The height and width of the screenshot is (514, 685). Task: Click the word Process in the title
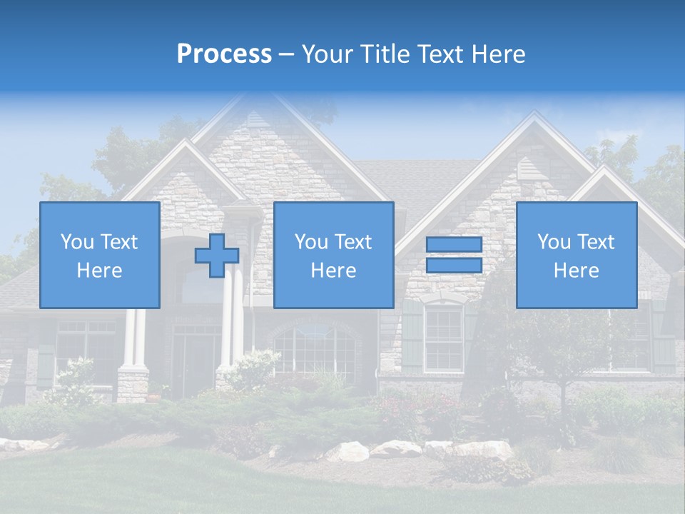pyautogui.click(x=224, y=54)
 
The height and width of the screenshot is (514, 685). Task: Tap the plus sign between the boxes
pyautogui.click(x=217, y=256)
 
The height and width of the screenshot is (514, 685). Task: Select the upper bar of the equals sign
pyautogui.click(x=454, y=245)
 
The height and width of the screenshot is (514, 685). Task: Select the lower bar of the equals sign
pyautogui.click(x=454, y=266)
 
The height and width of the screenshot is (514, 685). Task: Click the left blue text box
pyautogui.click(x=100, y=255)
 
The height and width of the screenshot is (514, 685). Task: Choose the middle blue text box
pyautogui.click(x=333, y=255)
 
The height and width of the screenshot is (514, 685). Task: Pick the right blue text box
pyautogui.click(x=576, y=255)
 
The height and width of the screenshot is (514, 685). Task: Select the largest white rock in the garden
pyautogui.click(x=348, y=451)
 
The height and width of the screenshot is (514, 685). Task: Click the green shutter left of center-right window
pyautogui.click(x=412, y=336)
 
